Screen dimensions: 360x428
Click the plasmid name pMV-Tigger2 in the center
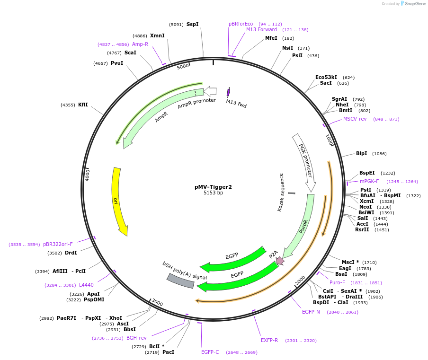tap(213, 187)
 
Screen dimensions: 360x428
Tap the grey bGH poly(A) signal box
tap(180, 281)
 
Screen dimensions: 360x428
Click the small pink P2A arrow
tap(280, 260)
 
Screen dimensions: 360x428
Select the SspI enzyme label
tap(192, 24)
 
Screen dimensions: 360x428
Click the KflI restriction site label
tap(83, 105)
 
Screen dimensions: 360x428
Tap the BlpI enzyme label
tap(361, 153)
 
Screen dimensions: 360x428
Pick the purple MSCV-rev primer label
tap(355, 119)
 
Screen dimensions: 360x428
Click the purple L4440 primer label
tap(86, 285)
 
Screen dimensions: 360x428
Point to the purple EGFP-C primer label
tap(210, 352)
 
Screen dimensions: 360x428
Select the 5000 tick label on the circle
tap(183, 67)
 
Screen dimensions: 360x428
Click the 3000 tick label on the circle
tap(157, 303)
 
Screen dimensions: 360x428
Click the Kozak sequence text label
tap(281, 192)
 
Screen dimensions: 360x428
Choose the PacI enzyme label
tap(168, 352)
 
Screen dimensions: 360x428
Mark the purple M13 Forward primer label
tap(261, 29)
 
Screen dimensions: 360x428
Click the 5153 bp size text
tap(213, 193)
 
